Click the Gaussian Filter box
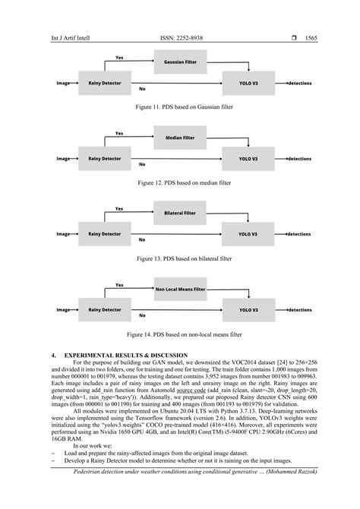click(179, 62)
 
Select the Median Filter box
click(179, 138)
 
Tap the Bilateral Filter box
click(179, 213)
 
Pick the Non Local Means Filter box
click(179, 289)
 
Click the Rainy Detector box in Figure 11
click(104, 83)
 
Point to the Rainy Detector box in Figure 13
click(104, 234)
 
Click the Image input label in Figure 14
click(63, 310)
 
